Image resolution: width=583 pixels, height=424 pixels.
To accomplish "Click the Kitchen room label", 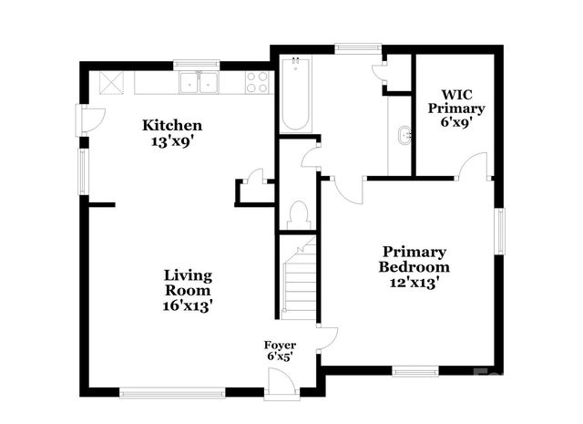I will (x=171, y=125).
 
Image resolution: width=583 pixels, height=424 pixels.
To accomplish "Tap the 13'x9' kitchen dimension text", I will (x=171, y=140).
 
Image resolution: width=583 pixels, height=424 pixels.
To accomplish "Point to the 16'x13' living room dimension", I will (x=189, y=306).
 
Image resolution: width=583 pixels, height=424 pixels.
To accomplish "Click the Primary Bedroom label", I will (x=414, y=259).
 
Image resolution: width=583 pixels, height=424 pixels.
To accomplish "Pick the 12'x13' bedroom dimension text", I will (x=414, y=283).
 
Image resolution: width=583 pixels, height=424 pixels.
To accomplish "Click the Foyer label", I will (x=280, y=345).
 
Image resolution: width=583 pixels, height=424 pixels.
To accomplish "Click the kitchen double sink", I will (x=198, y=83).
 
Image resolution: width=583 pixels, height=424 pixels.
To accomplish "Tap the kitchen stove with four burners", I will (x=258, y=83).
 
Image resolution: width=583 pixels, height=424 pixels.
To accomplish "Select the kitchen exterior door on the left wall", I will (x=89, y=119).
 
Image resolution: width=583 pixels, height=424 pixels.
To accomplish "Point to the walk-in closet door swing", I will (x=475, y=167).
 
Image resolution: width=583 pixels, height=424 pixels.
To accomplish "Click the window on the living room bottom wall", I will (x=172, y=393).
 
